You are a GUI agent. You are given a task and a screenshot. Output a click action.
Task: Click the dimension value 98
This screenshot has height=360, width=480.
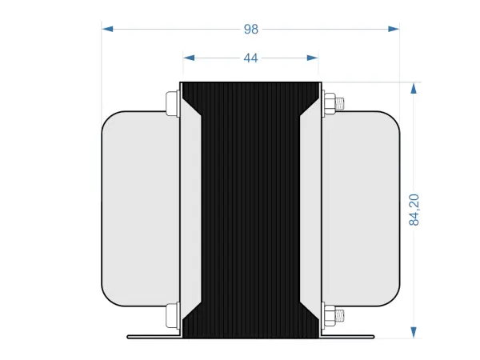pyautogui.click(x=251, y=29)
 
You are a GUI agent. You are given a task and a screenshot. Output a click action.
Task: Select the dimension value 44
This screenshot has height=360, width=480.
pyautogui.click(x=250, y=58)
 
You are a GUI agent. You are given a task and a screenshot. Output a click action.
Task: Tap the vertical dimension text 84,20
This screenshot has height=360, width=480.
pyautogui.click(x=414, y=208)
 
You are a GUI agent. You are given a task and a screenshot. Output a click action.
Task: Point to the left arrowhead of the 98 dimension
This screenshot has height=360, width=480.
pyautogui.click(x=108, y=29)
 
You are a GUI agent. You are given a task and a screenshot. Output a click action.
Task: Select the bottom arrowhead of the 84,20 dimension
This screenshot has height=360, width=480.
pyautogui.click(x=414, y=331)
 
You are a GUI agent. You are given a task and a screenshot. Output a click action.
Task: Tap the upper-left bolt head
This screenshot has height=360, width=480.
pyautogui.click(x=170, y=103)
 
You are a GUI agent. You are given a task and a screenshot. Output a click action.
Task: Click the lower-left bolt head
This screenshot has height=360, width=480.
pyautogui.click(x=170, y=315)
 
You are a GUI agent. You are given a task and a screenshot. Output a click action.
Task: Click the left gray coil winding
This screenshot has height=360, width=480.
pyautogui.click(x=140, y=208)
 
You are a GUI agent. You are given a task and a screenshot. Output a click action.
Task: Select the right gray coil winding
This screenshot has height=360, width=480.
pyautogui.click(x=360, y=208)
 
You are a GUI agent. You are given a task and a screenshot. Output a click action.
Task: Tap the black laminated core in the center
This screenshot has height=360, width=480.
pyautogui.click(x=250, y=208)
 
